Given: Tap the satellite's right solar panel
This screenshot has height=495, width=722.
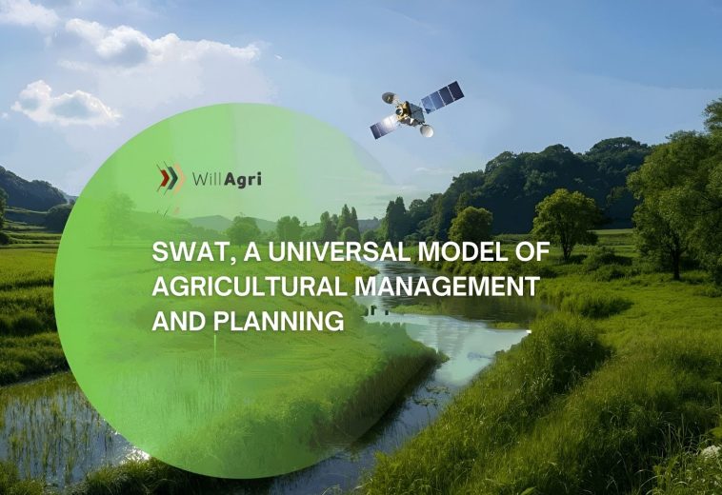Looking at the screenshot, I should pyautogui.click(x=442, y=95).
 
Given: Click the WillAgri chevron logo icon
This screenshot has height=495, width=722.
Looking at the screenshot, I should pyautogui.click(x=169, y=177).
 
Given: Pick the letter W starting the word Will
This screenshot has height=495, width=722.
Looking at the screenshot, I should pyautogui.click(x=197, y=178).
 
